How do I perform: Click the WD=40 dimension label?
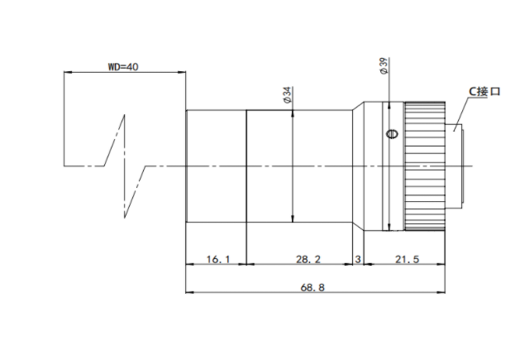123,66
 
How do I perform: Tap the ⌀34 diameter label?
287,95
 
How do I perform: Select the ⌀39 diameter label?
384,66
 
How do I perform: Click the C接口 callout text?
485,91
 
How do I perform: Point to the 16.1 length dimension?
218,259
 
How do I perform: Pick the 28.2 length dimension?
308,259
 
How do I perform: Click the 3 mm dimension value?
358,259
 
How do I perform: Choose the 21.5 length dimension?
407,259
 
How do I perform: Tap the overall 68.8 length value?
313,287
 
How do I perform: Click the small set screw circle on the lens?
392,134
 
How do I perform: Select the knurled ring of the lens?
425,166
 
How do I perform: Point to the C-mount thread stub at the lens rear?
454,166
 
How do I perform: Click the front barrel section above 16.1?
216,166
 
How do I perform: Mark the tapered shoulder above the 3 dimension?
358,166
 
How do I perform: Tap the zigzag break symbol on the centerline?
125,166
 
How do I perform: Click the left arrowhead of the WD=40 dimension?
67,72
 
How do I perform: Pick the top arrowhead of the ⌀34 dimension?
293,113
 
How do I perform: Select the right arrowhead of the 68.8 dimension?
442,292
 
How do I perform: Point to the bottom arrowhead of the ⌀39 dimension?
389,227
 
